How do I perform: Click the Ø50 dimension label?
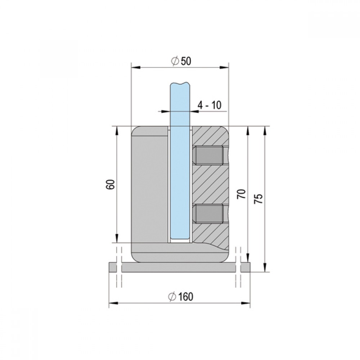[181, 61]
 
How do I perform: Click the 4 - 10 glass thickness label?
[210, 105]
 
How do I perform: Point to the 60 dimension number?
[110, 184]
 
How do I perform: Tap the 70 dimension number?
[242, 194]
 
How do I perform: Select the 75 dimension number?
[258, 199]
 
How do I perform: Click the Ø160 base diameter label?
[181, 297]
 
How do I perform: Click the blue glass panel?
[180, 161]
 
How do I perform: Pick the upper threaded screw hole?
[209, 155]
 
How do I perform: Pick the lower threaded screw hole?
[209, 214]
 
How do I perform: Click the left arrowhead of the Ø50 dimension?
[135, 68]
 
